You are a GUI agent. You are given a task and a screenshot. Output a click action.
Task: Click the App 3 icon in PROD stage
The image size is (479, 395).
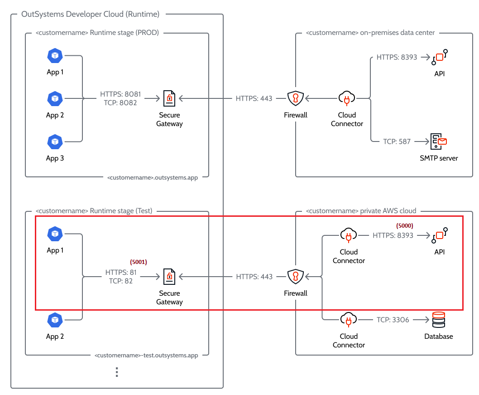(55, 141)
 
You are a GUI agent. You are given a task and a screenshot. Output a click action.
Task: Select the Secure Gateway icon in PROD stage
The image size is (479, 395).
(169, 98)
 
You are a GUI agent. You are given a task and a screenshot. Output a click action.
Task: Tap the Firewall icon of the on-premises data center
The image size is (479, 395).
(295, 98)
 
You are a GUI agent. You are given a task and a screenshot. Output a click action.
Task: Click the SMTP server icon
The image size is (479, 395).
(438, 141)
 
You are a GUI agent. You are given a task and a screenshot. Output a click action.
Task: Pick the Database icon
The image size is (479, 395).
(438, 320)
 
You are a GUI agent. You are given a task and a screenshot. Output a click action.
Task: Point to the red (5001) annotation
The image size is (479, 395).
(139, 262)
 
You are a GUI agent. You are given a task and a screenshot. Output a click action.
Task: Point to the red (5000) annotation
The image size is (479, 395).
(405, 225)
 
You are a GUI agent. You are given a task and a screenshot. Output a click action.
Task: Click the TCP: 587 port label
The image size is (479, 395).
(397, 141)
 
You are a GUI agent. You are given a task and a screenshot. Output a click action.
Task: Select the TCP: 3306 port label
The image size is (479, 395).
(393, 320)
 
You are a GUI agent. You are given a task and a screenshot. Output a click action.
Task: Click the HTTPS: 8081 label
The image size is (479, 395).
(120, 94)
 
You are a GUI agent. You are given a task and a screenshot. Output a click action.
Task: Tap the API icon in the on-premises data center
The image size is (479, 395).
(439, 57)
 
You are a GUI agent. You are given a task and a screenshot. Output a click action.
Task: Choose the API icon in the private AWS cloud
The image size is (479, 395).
(439, 236)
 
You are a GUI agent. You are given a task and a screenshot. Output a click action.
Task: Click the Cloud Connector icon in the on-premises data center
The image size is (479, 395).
(347, 98)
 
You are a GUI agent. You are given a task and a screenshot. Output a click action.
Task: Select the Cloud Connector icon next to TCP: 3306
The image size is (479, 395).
(348, 320)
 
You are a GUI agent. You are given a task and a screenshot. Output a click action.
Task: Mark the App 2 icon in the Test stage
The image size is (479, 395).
(55, 320)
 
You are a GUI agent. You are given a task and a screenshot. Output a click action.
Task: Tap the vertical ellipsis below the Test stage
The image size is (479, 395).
(116, 372)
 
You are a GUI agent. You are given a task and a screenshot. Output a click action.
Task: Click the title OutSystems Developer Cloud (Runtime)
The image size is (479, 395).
(91, 14)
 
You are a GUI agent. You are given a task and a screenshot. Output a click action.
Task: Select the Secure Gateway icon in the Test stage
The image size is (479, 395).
(169, 276)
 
